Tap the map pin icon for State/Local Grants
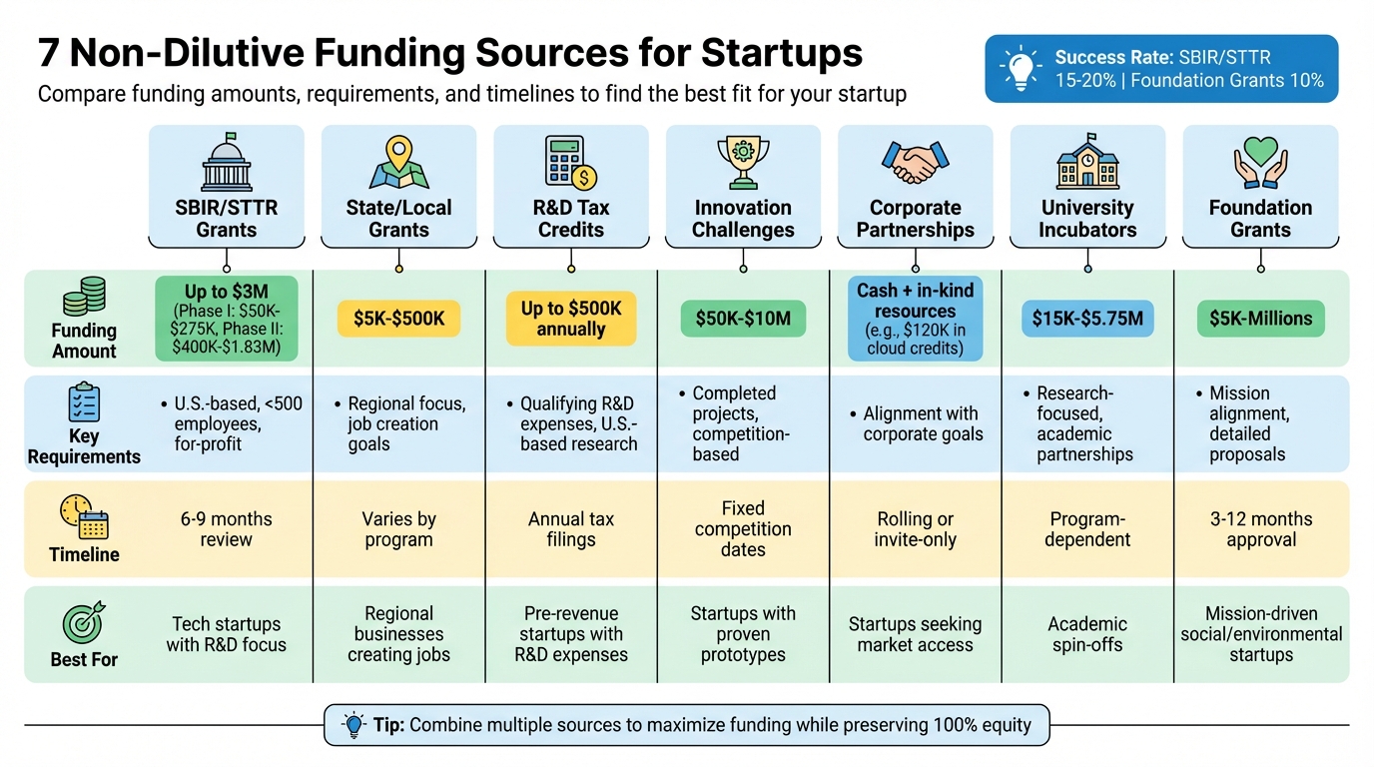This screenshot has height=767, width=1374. click(398, 163)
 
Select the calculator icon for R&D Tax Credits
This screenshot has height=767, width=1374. click(570, 163)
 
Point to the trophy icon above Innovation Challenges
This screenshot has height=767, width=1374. click(743, 163)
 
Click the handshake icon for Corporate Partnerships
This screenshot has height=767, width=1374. click(915, 162)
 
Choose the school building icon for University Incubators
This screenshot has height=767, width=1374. click(1087, 163)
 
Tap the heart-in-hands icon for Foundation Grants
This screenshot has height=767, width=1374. click(1260, 163)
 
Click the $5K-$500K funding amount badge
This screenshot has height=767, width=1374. click(398, 319)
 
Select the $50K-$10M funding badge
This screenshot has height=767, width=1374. click(743, 319)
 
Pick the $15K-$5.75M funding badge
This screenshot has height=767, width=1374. click(1087, 319)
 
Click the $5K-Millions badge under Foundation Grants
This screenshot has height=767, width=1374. click(1260, 319)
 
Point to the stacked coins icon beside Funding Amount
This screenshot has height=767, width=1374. click(84, 298)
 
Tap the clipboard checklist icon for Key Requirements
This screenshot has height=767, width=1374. click(84, 402)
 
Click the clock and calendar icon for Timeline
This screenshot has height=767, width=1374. click(84, 517)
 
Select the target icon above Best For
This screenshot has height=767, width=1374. click(84, 623)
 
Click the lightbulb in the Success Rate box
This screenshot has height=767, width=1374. click(1020, 69)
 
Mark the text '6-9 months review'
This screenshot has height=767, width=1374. click(227, 529)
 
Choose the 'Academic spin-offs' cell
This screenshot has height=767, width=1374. click(1087, 634)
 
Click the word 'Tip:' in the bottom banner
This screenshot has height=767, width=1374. click(387, 725)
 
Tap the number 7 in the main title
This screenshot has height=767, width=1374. click(50, 53)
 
